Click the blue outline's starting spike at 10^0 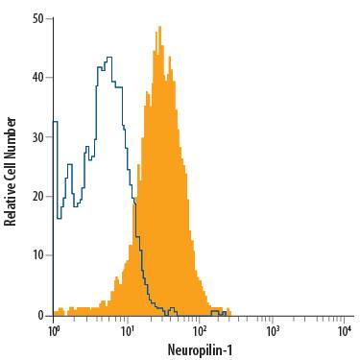55,121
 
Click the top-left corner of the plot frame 54,18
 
